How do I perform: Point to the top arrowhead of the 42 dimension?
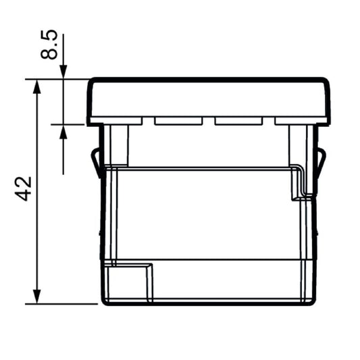click(36, 84)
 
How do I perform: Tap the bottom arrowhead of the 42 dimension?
click(36, 298)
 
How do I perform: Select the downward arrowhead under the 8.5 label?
click(63, 73)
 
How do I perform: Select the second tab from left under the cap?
click(178, 122)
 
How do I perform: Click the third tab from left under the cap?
click(238, 122)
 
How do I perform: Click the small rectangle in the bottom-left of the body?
click(129, 282)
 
